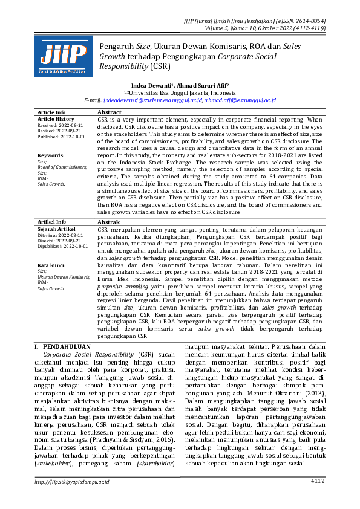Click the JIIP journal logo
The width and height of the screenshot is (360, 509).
(x=63, y=57)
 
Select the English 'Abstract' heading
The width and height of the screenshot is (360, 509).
(x=110, y=112)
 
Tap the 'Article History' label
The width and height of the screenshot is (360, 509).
(x=56, y=120)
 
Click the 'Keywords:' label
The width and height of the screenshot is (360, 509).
(x=50, y=155)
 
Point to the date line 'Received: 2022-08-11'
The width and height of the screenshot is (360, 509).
(x=60, y=125)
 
